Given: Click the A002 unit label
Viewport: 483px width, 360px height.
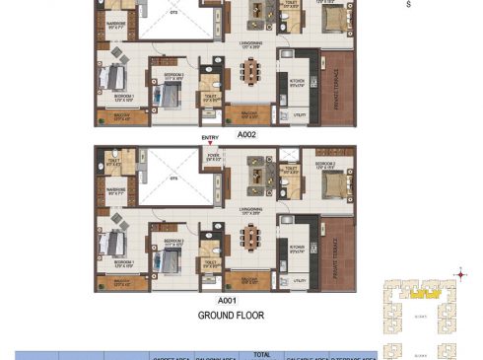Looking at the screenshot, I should tap(246, 135).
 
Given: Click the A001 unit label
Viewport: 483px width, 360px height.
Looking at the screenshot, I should tap(229, 298).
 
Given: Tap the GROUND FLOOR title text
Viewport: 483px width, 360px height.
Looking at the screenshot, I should tap(230, 316).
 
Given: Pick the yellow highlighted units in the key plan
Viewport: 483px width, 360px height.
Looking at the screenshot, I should tap(424, 293).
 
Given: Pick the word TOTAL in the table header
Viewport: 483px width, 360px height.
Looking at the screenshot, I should tap(260, 352).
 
